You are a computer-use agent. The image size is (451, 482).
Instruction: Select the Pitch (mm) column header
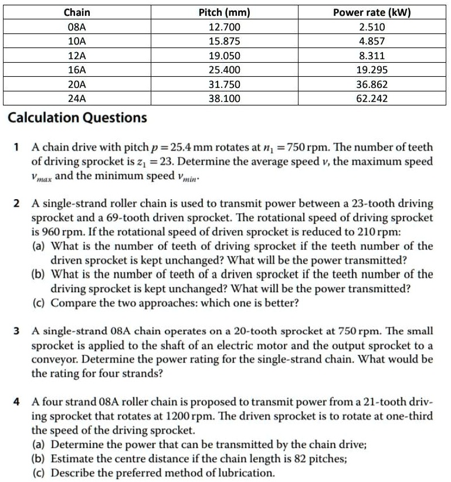tap(225, 12)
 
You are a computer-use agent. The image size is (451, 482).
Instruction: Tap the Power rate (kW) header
tap(372, 12)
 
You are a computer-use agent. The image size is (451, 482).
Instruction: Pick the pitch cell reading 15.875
tap(225, 42)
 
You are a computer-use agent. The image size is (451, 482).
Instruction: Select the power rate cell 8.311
tap(372, 56)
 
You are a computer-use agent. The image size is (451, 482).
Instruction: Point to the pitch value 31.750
tap(225, 84)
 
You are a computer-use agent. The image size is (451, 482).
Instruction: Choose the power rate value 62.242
tap(372, 98)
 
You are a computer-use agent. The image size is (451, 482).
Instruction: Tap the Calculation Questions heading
tap(77, 118)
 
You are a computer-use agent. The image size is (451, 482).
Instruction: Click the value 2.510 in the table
tap(372, 27)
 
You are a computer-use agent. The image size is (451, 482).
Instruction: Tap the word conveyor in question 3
tap(53, 359)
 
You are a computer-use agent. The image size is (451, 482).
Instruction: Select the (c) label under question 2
tap(40, 303)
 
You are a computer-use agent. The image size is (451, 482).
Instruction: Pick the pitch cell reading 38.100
tap(225, 98)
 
